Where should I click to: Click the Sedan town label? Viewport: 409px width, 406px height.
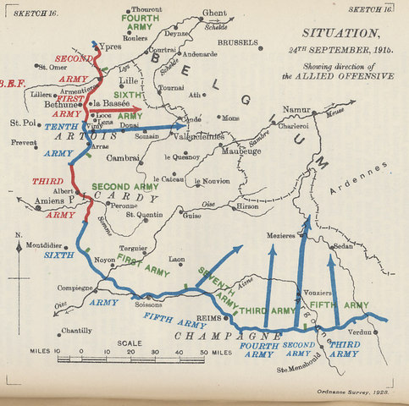click(x=342, y=246)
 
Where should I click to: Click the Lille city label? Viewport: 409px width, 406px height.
click(x=105, y=80)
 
